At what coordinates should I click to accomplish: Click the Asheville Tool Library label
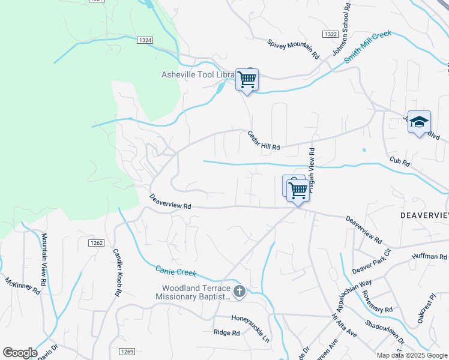[198, 74]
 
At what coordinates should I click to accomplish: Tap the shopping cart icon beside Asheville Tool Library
[247, 80]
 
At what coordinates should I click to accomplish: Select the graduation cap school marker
[419, 122]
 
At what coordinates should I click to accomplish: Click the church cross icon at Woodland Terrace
[240, 292]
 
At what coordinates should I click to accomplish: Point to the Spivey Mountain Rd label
[294, 48]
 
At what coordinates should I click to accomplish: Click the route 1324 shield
[145, 40]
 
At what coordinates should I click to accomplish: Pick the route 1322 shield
[330, 34]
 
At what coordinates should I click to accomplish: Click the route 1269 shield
[126, 352]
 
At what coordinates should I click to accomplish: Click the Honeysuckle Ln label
[251, 321]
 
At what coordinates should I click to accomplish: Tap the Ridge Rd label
[226, 333]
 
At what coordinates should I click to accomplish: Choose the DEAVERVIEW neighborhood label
[424, 215]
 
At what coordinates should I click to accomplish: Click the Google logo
[19, 352]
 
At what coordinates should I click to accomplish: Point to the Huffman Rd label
[429, 257]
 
